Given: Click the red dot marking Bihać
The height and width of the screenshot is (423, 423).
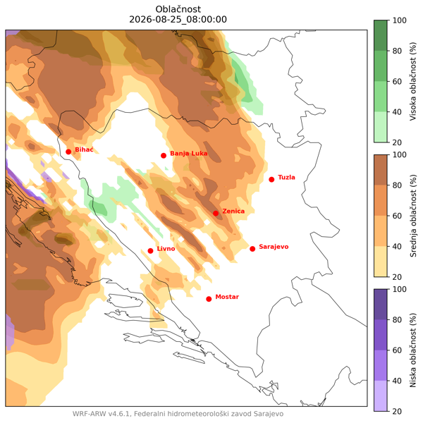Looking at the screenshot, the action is click(x=68, y=152).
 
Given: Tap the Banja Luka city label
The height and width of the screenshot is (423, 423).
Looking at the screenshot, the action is click(x=188, y=154).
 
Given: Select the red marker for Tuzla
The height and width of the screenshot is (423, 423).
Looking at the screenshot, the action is click(x=271, y=179).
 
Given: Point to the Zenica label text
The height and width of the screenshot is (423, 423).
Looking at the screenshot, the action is click(x=233, y=211).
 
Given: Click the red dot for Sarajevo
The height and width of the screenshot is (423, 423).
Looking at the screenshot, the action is click(x=252, y=249).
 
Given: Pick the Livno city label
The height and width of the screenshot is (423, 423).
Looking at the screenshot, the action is click(x=166, y=248).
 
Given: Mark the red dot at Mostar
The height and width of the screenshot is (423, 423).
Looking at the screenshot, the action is click(x=209, y=299).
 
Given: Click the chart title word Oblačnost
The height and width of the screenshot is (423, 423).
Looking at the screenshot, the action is click(x=178, y=9).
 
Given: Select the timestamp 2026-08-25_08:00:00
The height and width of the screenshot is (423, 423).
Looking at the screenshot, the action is click(x=178, y=20).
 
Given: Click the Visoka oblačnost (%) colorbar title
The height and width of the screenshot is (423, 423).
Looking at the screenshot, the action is click(x=413, y=81).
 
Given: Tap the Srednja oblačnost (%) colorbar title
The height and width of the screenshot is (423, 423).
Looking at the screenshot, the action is click(x=413, y=216).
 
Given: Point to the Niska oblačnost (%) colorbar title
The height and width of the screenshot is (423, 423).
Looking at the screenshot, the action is click(x=413, y=350).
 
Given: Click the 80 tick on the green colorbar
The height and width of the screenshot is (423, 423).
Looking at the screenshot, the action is click(x=397, y=51).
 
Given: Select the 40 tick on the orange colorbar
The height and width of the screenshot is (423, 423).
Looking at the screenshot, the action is click(x=397, y=246).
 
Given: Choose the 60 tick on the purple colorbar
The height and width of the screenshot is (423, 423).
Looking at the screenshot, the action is click(x=397, y=350).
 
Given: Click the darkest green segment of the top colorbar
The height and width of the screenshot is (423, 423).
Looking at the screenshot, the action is click(x=381, y=35).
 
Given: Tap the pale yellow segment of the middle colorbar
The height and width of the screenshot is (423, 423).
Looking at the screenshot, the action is click(x=381, y=262).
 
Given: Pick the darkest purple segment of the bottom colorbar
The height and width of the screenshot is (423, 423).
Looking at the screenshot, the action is click(x=381, y=305).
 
